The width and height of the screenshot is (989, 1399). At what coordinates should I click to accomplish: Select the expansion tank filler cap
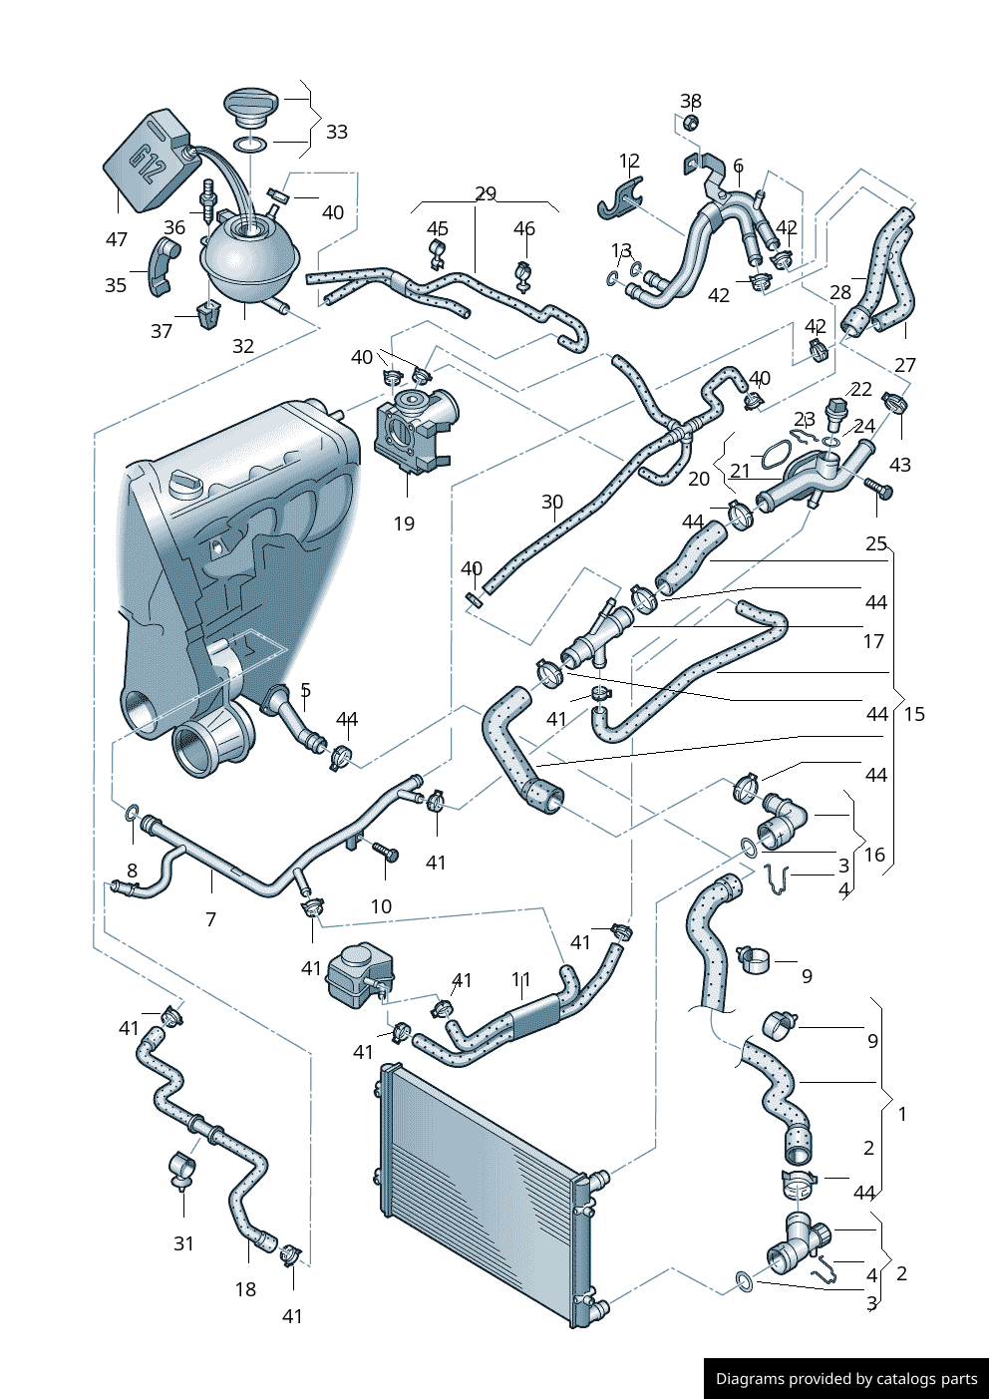(x=253, y=105)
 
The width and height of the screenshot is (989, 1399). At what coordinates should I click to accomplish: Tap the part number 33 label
(x=337, y=132)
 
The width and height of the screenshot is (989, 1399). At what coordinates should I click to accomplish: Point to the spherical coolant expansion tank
(x=249, y=259)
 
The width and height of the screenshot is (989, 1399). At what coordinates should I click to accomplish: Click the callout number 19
(x=404, y=524)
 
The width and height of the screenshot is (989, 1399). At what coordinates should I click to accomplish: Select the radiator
(x=484, y=1197)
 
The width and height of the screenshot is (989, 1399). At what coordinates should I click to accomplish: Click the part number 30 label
(x=552, y=503)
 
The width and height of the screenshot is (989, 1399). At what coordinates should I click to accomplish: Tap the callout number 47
(x=117, y=239)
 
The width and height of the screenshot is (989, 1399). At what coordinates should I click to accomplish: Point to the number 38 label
(x=691, y=101)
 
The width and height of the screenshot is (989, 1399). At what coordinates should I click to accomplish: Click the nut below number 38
(x=690, y=123)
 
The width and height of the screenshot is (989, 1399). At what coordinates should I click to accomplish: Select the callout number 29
(x=486, y=193)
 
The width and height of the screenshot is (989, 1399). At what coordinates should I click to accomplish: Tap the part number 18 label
(x=245, y=1289)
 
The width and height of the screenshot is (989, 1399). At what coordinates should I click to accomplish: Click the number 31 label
(x=183, y=1243)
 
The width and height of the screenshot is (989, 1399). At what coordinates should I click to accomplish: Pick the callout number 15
(x=914, y=714)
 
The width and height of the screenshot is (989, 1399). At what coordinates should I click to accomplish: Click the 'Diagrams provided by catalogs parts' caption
(x=846, y=1379)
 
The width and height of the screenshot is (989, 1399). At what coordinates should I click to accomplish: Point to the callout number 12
(x=629, y=162)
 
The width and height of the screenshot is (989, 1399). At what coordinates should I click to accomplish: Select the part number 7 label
(x=210, y=919)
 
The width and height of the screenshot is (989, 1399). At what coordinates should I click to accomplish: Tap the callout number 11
(x=520, y=980)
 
